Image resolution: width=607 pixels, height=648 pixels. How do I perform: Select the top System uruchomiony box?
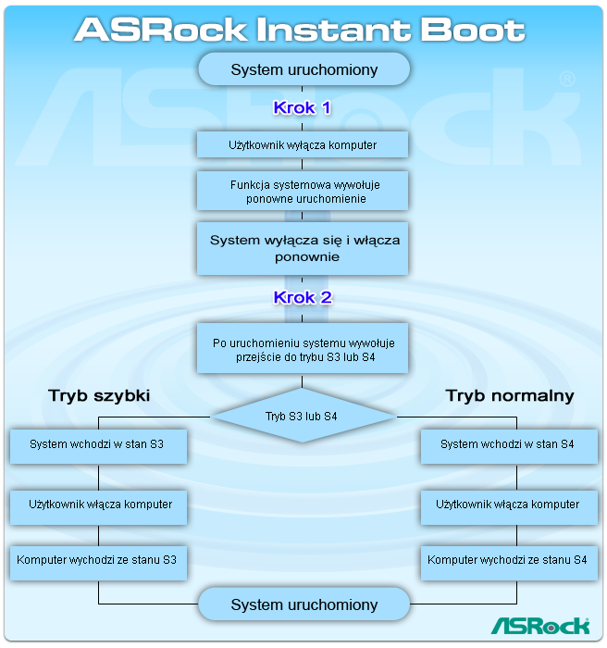point(303,69)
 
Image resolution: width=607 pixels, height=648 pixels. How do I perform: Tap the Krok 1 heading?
point(302,107)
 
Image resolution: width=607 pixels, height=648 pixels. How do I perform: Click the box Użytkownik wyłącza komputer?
point(303,145)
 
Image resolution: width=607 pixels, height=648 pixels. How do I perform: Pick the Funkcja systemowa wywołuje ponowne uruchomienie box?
point(303,192)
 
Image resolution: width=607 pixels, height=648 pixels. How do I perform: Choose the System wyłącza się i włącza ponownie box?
point(303,248)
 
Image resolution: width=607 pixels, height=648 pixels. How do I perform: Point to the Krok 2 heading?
point(302,298)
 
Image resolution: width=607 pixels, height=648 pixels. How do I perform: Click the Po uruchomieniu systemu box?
point(303,349)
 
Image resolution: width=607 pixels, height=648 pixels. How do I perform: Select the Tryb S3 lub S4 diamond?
point(303,417)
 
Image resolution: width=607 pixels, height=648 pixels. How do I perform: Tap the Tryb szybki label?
point(99,396)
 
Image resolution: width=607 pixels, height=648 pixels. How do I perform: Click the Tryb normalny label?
point(510,396)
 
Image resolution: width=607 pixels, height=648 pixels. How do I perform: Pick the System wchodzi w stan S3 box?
point(98,445)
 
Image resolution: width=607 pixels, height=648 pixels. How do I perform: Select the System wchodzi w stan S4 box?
point(507,445)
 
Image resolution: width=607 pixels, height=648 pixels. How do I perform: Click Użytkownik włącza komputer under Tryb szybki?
point(98,505)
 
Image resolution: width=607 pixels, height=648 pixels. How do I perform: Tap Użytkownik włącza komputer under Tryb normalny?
point(507,505)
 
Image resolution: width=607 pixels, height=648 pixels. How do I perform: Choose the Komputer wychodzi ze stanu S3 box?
point(98,560)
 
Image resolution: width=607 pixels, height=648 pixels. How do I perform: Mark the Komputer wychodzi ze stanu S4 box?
point(507,560)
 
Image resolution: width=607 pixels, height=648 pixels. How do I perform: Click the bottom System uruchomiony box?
point(303,604)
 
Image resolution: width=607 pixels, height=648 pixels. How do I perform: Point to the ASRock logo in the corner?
point(539,626)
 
